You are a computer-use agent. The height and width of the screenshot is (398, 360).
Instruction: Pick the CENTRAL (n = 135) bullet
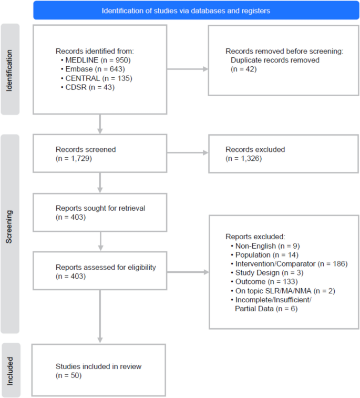click(96, 78)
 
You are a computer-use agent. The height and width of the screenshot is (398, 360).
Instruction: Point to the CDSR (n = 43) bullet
click(89, 87)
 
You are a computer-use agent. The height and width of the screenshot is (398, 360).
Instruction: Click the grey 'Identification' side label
click(11, 68)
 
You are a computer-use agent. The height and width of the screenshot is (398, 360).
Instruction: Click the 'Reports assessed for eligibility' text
click(106, 267)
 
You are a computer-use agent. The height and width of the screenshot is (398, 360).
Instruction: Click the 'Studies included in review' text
click(98, 366)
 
